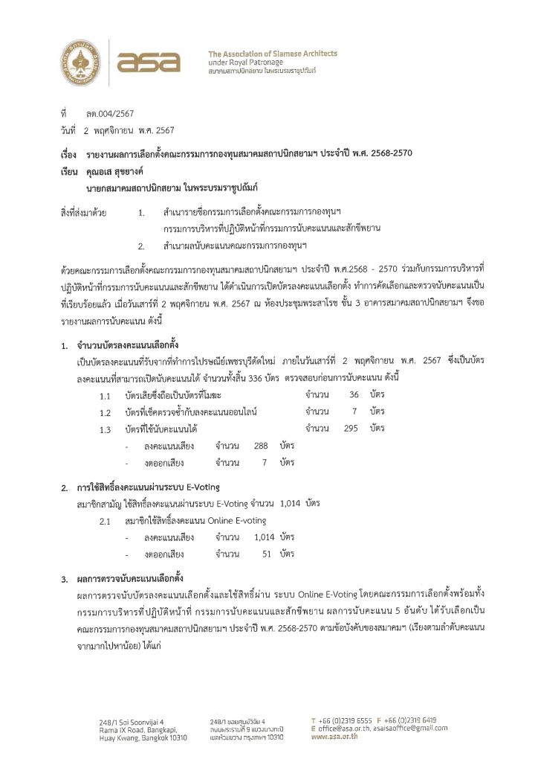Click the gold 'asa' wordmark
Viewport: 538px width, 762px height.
click(x=149, y=62)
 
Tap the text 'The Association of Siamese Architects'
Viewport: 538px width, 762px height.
click(x=272, y=54)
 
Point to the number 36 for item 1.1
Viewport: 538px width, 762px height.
click(x=354, y=394)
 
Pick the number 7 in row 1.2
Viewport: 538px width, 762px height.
click(x=354, y=412)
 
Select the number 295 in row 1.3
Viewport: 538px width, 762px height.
click(x=351, y=429)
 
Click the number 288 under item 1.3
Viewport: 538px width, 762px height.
click(x=260, y=445)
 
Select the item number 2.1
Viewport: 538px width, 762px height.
click(x=106, y=521)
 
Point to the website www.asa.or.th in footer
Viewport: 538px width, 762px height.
click(x=334, y=736)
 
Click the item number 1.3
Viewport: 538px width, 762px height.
click(x=106, y=429)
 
